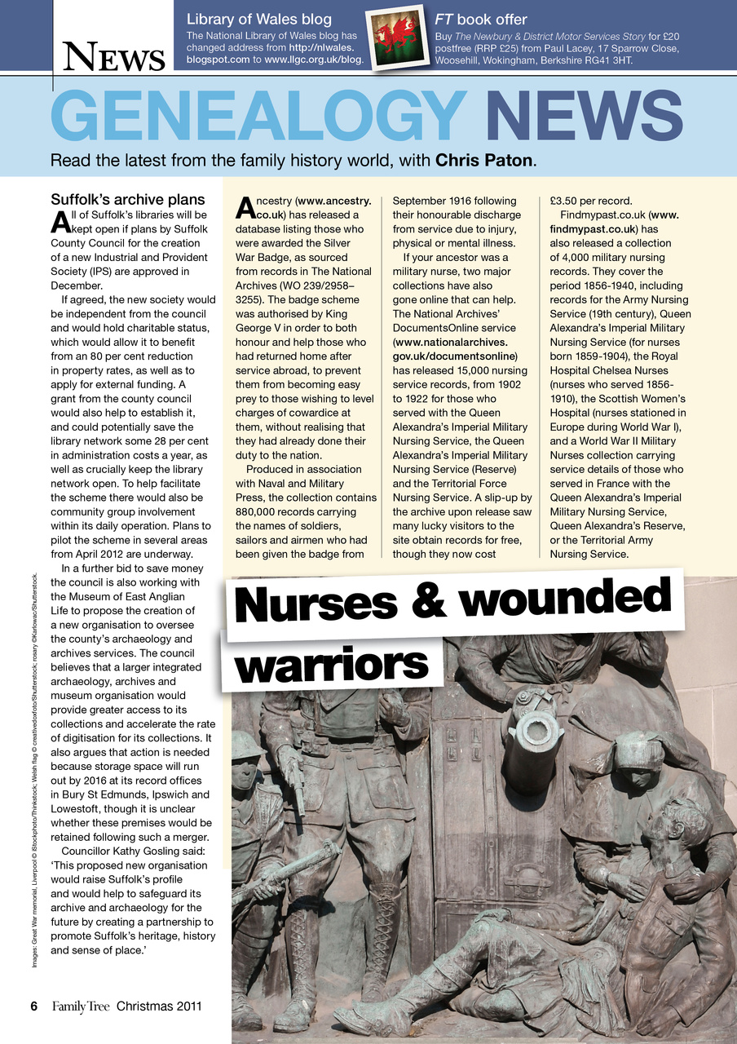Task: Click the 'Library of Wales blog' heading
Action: (258, 19)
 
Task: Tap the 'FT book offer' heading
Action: (481, 19)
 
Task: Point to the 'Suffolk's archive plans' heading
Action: (128, 200)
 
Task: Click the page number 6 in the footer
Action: (34, 1006)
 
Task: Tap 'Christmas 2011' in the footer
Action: (159, 1006)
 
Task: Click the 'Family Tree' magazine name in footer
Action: (81, 1006)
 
